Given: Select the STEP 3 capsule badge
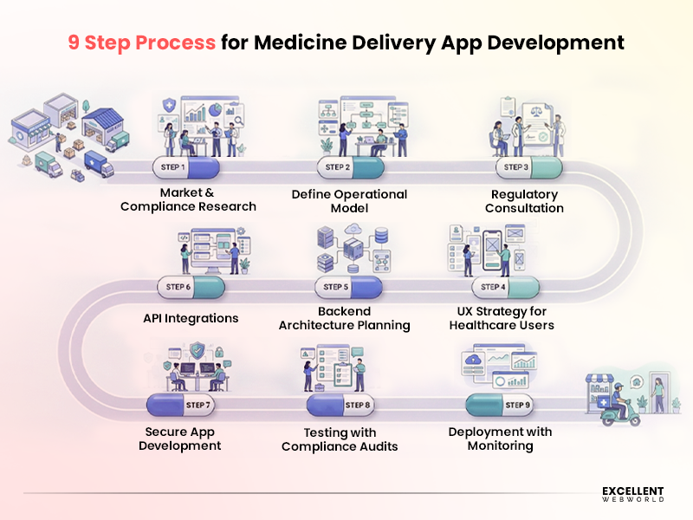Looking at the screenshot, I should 528,166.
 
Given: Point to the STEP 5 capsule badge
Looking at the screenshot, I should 347,287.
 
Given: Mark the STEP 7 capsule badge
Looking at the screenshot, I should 181,405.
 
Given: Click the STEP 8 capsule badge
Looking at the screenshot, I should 340,405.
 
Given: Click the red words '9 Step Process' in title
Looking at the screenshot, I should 142,42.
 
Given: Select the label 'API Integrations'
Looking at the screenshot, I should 191,318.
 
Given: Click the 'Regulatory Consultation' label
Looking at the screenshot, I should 524,201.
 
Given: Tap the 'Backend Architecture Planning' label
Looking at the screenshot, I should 344,318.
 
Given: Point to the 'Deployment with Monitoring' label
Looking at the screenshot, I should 500,439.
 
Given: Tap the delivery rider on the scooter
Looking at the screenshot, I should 619,403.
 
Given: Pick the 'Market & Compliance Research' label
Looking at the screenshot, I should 188,199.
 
